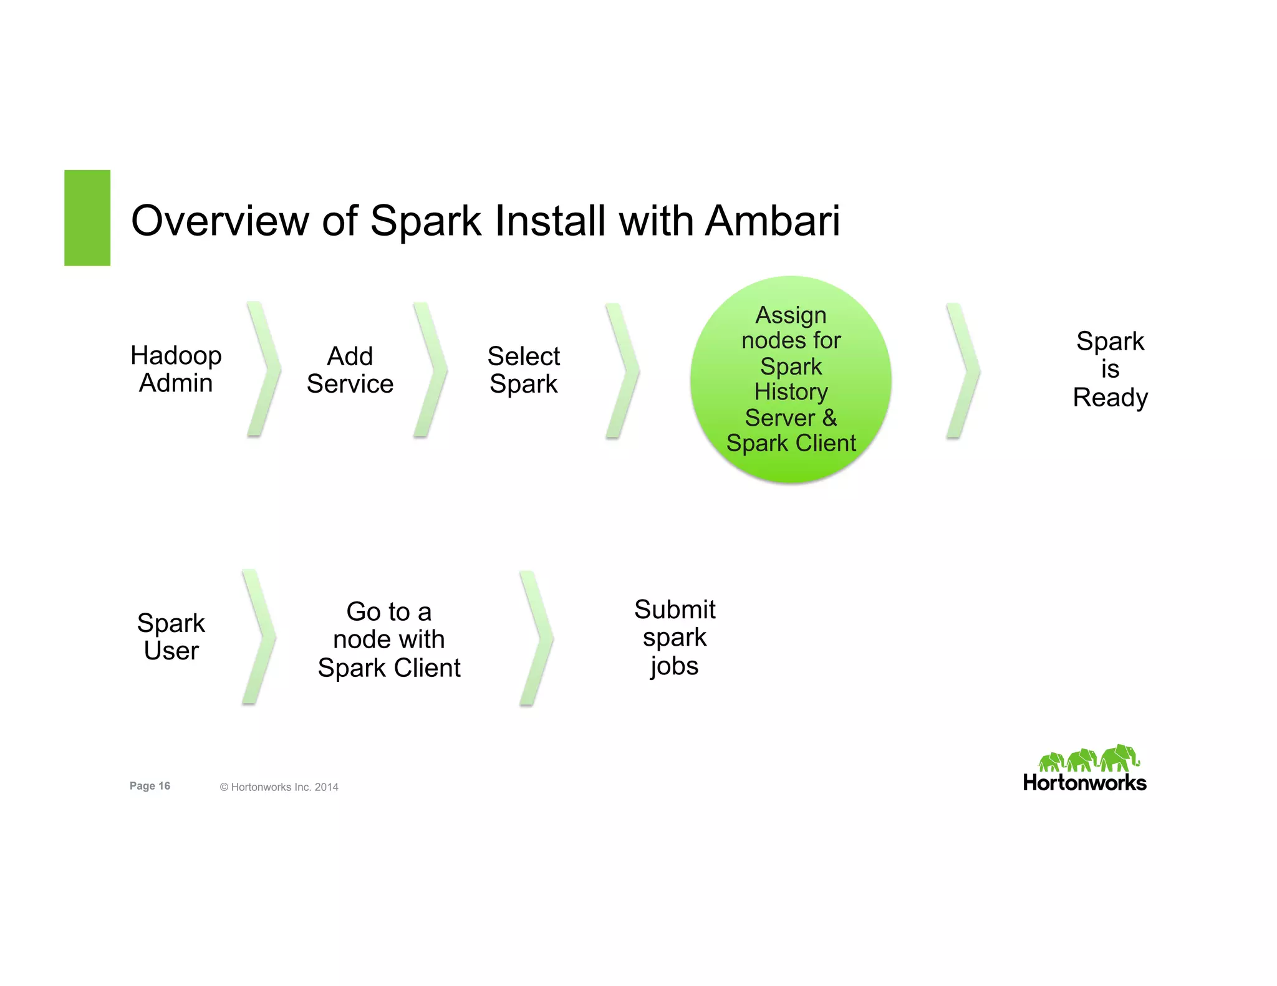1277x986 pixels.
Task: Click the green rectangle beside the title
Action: (87, 218)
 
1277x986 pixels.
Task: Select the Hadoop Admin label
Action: (176, 369)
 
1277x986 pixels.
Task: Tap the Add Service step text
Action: (350, 370)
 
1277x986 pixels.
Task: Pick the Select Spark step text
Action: (523, 370)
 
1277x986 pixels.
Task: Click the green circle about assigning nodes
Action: (791, 379)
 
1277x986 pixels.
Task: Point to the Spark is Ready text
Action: (1110, 369)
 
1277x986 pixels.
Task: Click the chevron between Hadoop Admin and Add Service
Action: (264, 369)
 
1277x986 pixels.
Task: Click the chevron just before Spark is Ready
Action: (964, 371)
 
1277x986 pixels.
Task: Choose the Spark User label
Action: (171, 636)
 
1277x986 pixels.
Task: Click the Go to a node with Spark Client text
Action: (388, 639)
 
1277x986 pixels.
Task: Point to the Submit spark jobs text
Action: (674, 637)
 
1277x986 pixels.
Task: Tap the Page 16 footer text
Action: (150, 786)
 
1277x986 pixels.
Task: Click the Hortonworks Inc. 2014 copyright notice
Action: (279, 787)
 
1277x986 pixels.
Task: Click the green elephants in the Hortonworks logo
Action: (1087, 759)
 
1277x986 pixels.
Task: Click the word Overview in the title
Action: (219, 221)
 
